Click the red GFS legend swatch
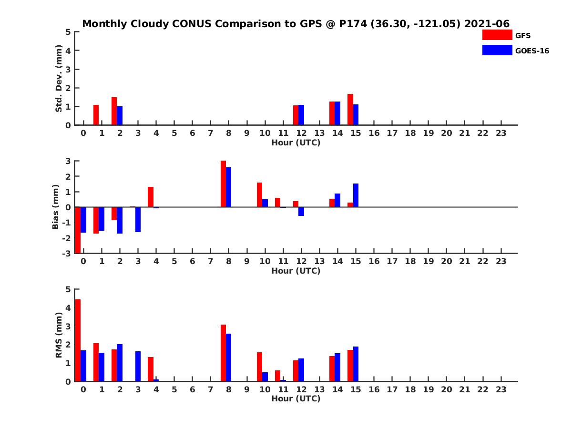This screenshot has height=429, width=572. click(x=497, y=35)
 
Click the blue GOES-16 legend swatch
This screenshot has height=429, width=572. click(x=497, y=50)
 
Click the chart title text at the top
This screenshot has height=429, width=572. click(x=296, y=24)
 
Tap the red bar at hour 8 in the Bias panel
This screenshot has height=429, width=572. click(x=223, y=184)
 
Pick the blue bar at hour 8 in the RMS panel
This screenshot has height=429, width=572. click(x=229, y=357)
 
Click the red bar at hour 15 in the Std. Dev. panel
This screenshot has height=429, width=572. click(x=350, y=110)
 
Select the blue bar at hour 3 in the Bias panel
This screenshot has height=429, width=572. click(x=138, y=219)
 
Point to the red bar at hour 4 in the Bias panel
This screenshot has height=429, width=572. click(x=151, y=197)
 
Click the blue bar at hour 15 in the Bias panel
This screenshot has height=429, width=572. click(x=356, y=195)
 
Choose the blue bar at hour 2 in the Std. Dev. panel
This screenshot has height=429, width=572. click(x=120, y=116)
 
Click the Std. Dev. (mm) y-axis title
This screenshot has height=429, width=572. click(x=59, y=79)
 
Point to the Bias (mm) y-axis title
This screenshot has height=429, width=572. click(x=56, y=207)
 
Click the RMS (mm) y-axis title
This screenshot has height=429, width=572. click(x=59, y=335)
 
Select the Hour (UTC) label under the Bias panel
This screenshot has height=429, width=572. click(x=296, y=271)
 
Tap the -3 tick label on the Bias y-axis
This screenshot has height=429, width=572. click(x=67, y=253)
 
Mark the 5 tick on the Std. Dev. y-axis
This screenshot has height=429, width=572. click(x=69, y=32)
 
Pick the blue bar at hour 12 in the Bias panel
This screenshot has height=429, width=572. click(x=301, y=212)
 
